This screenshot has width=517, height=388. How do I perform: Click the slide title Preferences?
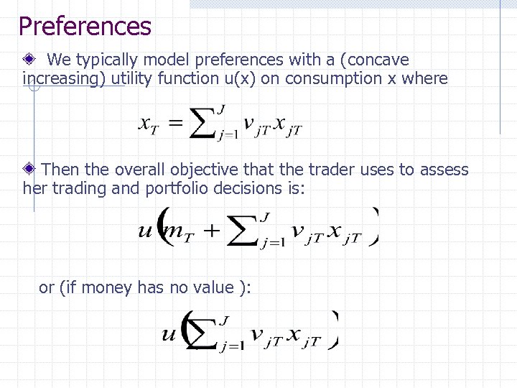85,27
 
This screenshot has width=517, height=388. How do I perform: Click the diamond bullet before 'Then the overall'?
30,170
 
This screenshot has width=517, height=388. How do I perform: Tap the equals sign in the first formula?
174,124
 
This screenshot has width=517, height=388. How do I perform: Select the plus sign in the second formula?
213,231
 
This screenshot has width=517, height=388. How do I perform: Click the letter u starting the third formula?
169,334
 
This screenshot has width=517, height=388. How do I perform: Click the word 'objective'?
203,170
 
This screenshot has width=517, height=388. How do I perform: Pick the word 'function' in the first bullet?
185,78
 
